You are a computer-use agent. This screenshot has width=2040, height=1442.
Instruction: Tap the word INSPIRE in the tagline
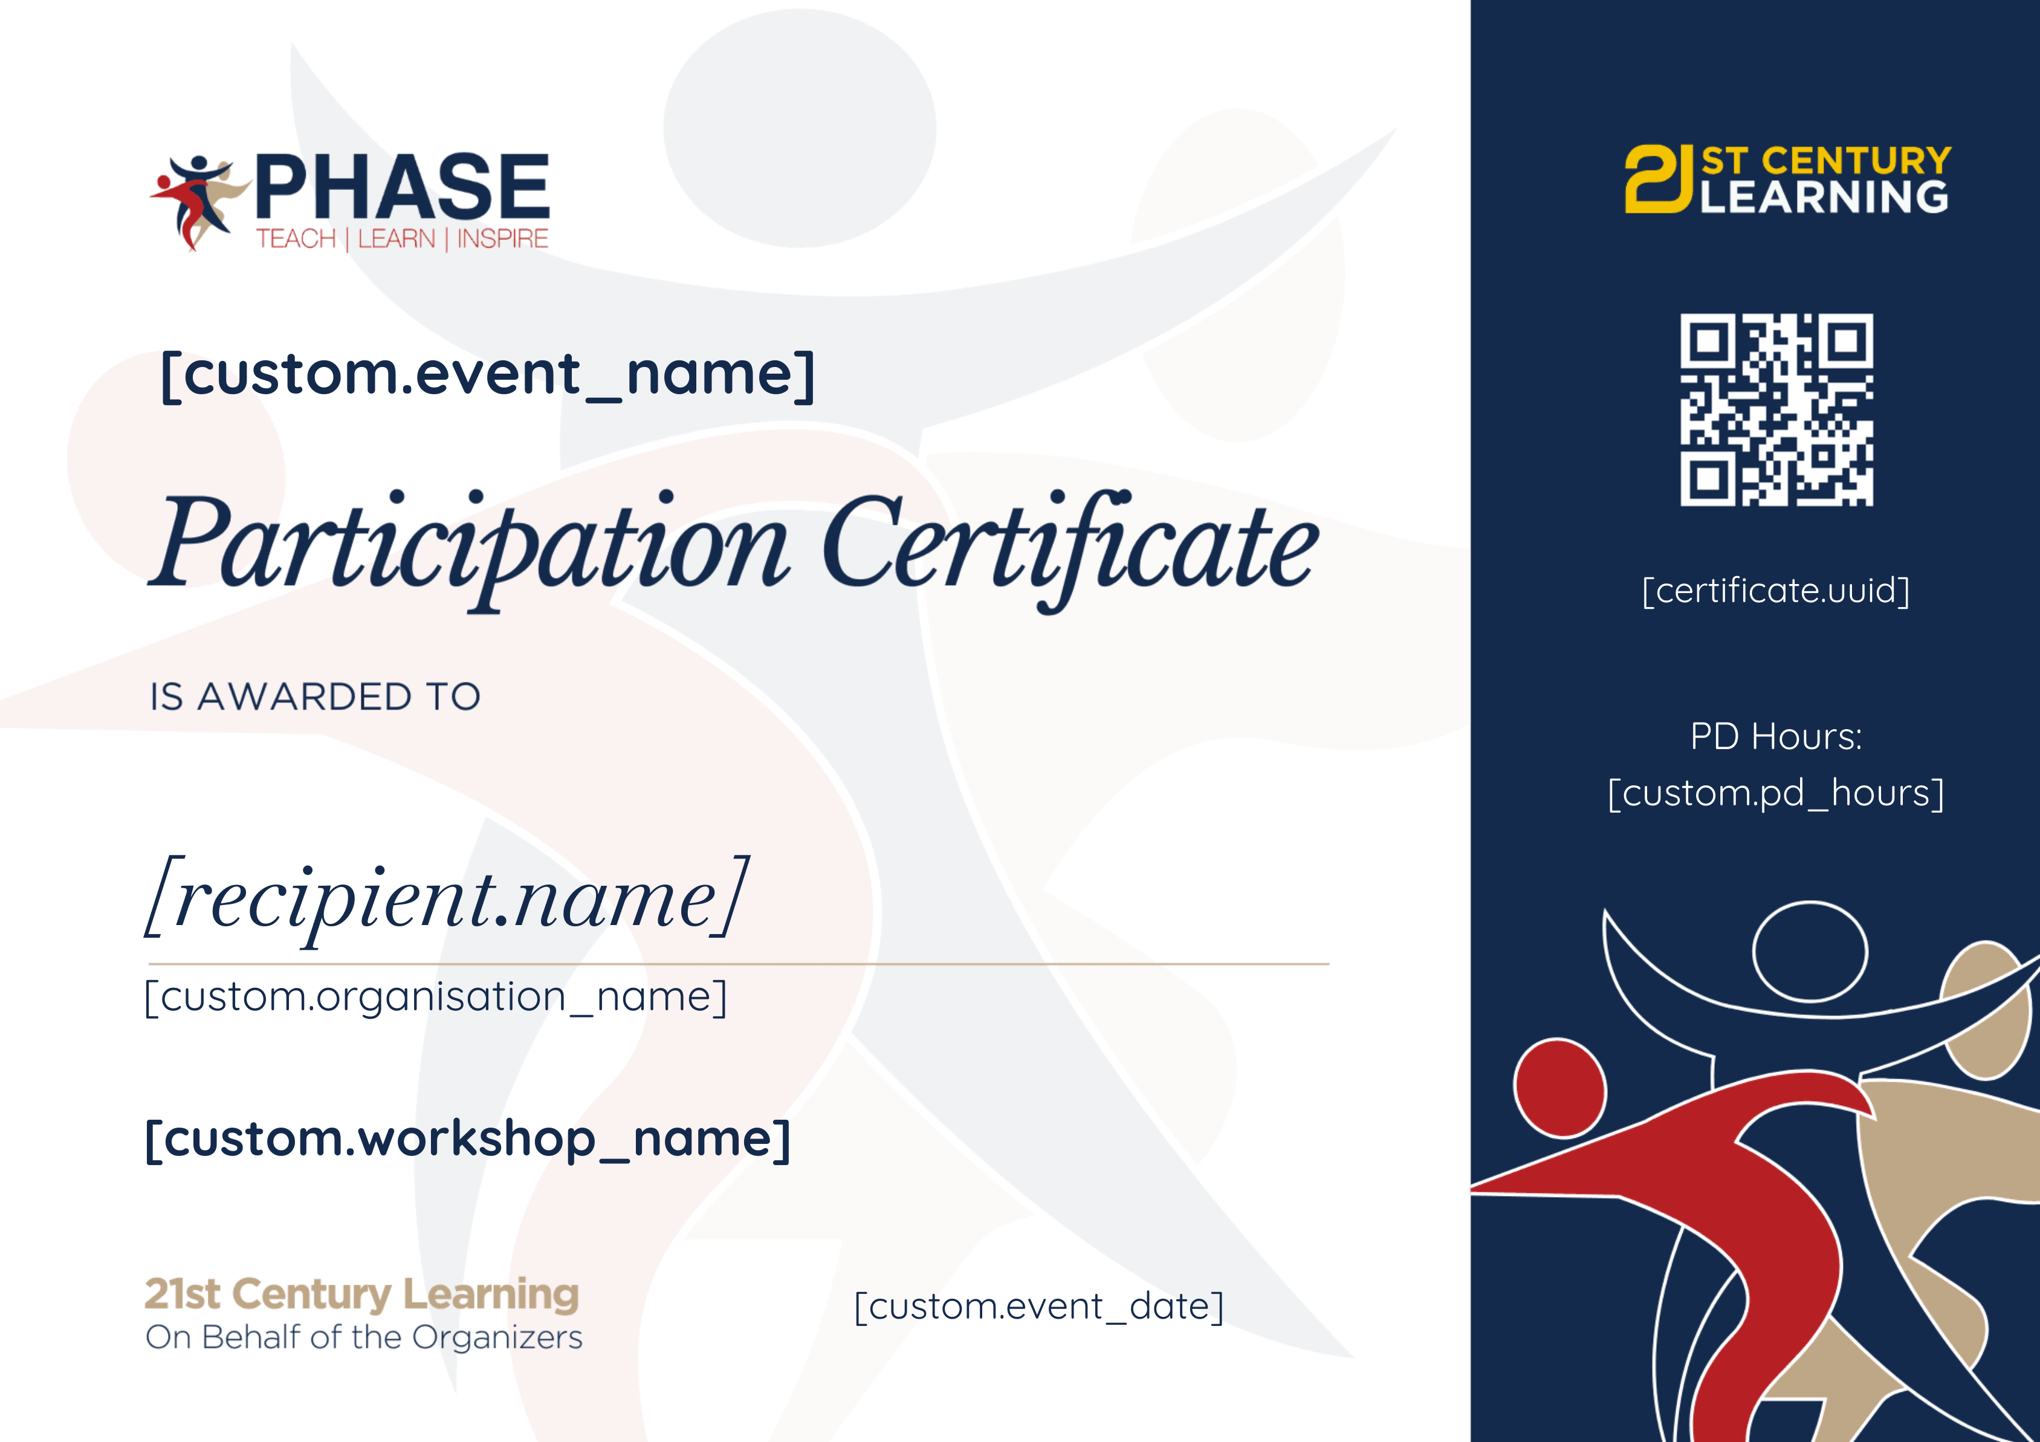point(503,239)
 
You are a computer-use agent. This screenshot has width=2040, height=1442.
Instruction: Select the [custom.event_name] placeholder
point(487,374)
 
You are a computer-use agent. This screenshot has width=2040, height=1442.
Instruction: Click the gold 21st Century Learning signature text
point(361,1294)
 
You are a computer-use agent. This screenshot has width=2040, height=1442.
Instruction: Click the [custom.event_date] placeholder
point(1038,1306)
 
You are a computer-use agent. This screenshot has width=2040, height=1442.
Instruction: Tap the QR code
point(1776,409)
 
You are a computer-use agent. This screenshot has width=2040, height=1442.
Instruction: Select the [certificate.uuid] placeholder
point(1775,591)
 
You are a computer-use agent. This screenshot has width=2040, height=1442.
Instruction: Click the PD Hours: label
point(1775,736)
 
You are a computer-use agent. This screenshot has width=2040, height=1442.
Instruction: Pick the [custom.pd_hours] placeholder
point(1775,793)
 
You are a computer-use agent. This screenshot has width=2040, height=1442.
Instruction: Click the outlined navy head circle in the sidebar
point(1810,950)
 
